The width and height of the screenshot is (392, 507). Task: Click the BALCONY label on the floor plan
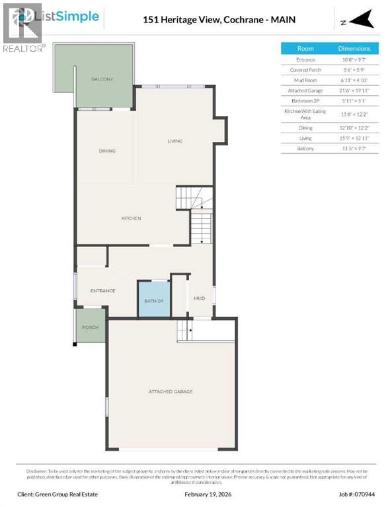coord(102,79)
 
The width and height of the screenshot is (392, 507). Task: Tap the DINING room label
coord(107,151)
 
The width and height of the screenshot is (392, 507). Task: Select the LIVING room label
coord(175,141)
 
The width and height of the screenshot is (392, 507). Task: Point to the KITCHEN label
coord(131,219)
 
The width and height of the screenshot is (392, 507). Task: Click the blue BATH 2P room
coord(153,300)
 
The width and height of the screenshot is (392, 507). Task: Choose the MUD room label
coord(199,298)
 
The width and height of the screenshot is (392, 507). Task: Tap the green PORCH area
coord(90,327)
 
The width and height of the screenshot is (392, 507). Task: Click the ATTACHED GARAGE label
coord(171,391)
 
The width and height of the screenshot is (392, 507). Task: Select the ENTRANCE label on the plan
coord(103,290)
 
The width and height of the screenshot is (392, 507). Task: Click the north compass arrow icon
coord(361,22)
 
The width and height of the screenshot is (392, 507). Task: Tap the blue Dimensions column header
coord(354,48)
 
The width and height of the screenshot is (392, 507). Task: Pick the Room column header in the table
coord(305,48)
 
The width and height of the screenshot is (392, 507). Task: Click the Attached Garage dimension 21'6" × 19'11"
coord(354,90)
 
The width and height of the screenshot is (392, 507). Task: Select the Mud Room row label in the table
coord(305,80)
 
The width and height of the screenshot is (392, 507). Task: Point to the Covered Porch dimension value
coord(354,69)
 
